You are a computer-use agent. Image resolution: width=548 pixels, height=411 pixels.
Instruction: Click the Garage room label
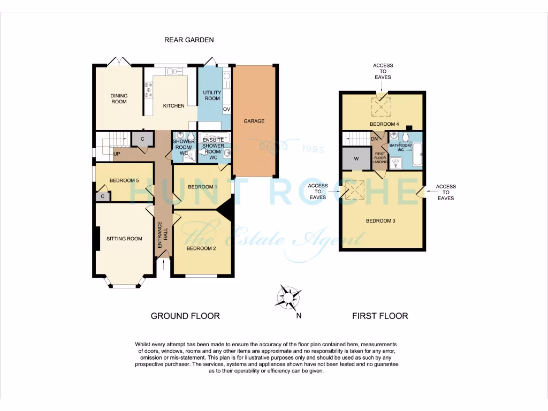pos(254,121)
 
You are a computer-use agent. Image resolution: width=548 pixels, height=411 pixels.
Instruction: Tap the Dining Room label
pos(119,99)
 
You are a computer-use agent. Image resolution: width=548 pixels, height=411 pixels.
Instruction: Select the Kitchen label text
pos(173,106)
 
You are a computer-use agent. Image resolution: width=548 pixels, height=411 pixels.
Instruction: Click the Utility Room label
pos(212,95)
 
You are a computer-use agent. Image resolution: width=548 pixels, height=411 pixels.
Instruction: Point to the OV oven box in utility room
pos(226,109)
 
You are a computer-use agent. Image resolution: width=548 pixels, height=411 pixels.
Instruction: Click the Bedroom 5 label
pos(124,180)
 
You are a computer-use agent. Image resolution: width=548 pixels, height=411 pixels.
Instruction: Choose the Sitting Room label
pos(124,239)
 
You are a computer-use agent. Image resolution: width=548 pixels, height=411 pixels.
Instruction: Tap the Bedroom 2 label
pos(201,248)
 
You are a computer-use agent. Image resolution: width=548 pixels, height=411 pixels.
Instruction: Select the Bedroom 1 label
pos(203,187)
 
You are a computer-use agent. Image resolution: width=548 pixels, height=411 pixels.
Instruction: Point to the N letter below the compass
pos(299,316)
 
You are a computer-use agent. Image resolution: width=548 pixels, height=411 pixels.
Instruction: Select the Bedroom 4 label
pos(384,124)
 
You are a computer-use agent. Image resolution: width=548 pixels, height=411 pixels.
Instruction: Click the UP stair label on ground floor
pos(116,154)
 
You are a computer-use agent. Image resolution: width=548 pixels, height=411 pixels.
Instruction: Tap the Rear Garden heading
pos(189,40)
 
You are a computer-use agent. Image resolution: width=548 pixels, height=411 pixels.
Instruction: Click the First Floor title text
pos(380,316)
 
